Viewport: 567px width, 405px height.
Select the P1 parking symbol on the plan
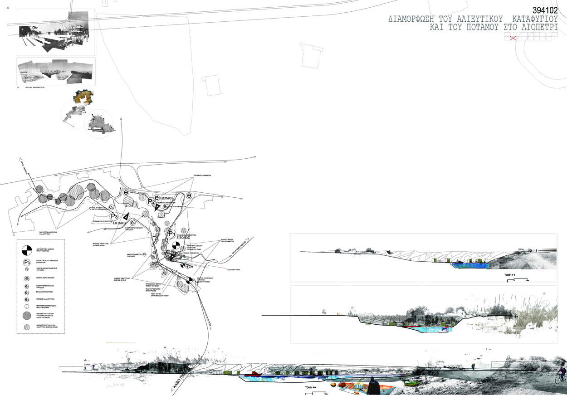click(x=171, y=234)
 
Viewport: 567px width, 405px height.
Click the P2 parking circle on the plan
click(x=151, y=202)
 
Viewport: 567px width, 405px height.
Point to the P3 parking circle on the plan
click(x=114, y=216)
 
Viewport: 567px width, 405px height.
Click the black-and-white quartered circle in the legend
click(x=27, y=249)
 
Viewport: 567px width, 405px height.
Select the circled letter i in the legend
click(x=27, y=306)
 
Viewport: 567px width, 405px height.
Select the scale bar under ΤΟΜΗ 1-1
click(x=517, y=281)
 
